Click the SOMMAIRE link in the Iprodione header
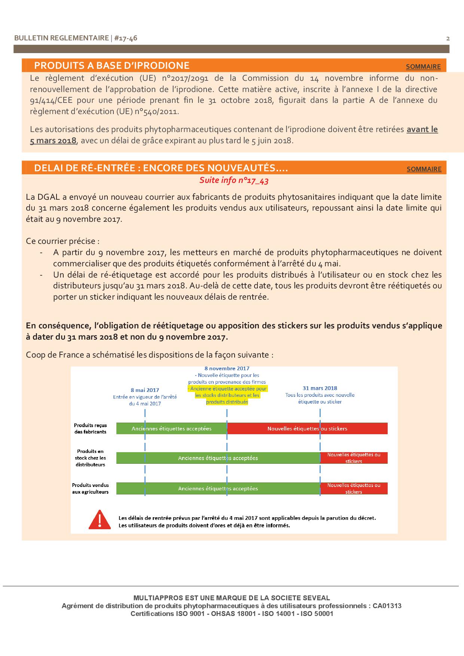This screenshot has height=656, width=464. pos(423,67)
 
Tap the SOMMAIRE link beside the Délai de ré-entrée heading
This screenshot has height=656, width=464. pos(424,169)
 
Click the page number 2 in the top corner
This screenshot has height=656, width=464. pos(448,39)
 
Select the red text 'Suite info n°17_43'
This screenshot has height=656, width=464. pos(234,180)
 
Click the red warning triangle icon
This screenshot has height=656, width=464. pos(100,520)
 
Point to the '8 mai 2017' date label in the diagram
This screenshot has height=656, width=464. pos(145,390)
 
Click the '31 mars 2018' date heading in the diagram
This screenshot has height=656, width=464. pos(320,388)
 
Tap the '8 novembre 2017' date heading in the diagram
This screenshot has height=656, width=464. pos(227,368)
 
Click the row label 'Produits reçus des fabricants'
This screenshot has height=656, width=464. pos(90,429)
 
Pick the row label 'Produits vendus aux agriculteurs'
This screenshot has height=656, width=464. pos(90,488)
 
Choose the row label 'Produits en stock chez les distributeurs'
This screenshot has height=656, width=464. pos(90,458)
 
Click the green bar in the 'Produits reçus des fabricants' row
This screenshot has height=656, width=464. pos(171,429)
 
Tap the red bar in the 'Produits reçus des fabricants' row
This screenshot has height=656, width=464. pos(307,429)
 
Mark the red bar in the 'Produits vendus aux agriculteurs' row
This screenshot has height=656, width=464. pos(354,488)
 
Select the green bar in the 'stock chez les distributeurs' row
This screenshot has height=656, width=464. pos(218,458)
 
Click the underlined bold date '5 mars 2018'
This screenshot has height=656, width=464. pos(53,141)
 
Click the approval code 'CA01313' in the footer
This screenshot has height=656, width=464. pos(387,606)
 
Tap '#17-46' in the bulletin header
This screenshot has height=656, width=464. pos(125,38)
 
